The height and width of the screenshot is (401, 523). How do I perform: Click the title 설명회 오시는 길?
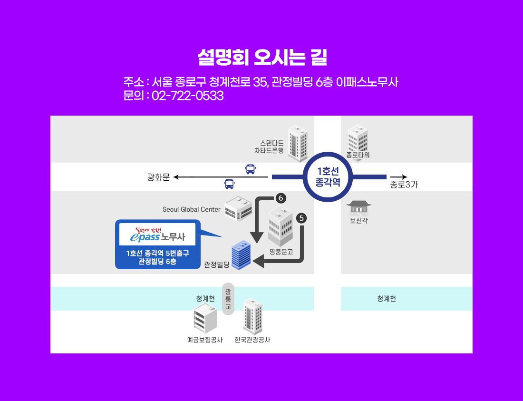261,58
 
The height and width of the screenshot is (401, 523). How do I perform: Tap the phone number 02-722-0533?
187,96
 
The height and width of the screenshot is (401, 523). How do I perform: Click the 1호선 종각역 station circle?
329,177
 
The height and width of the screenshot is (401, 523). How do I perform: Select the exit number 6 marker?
281,197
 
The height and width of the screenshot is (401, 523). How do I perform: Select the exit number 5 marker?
301,218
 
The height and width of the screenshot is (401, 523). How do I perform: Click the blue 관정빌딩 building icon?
241,254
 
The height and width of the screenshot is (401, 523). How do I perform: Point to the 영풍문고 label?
281,252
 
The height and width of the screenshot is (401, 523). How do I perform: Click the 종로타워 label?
358,155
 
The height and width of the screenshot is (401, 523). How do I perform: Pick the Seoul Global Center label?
192,209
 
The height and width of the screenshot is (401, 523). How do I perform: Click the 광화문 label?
158,177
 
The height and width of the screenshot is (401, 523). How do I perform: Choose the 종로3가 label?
404,185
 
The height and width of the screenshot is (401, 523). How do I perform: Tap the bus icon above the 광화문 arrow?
250,168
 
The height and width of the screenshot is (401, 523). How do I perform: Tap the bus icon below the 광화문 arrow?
229,184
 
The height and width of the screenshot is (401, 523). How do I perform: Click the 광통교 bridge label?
228,299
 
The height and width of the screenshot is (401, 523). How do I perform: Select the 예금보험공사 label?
205,340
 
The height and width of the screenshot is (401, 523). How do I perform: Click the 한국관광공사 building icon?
252,316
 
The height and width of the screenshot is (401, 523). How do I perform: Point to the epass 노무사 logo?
157,234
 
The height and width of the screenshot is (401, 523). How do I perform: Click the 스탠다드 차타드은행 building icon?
298,143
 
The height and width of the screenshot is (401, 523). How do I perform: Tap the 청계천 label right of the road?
387,299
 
